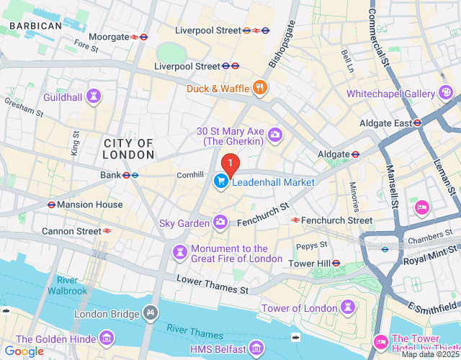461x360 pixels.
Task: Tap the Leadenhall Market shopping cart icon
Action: [220, 182]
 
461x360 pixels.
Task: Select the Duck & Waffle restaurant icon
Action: [260, 89]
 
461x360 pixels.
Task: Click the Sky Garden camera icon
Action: [220, 223]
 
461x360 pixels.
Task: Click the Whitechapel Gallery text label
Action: [390, 94]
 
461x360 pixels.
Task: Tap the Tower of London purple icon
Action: [348, 308]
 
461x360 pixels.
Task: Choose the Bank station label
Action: [111, 175]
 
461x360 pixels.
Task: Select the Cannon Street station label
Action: [71, 231]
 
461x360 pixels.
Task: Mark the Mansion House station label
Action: [89, 204]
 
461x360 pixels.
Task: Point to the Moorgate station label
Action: [107, 37]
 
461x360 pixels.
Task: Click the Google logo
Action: [24, 351]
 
